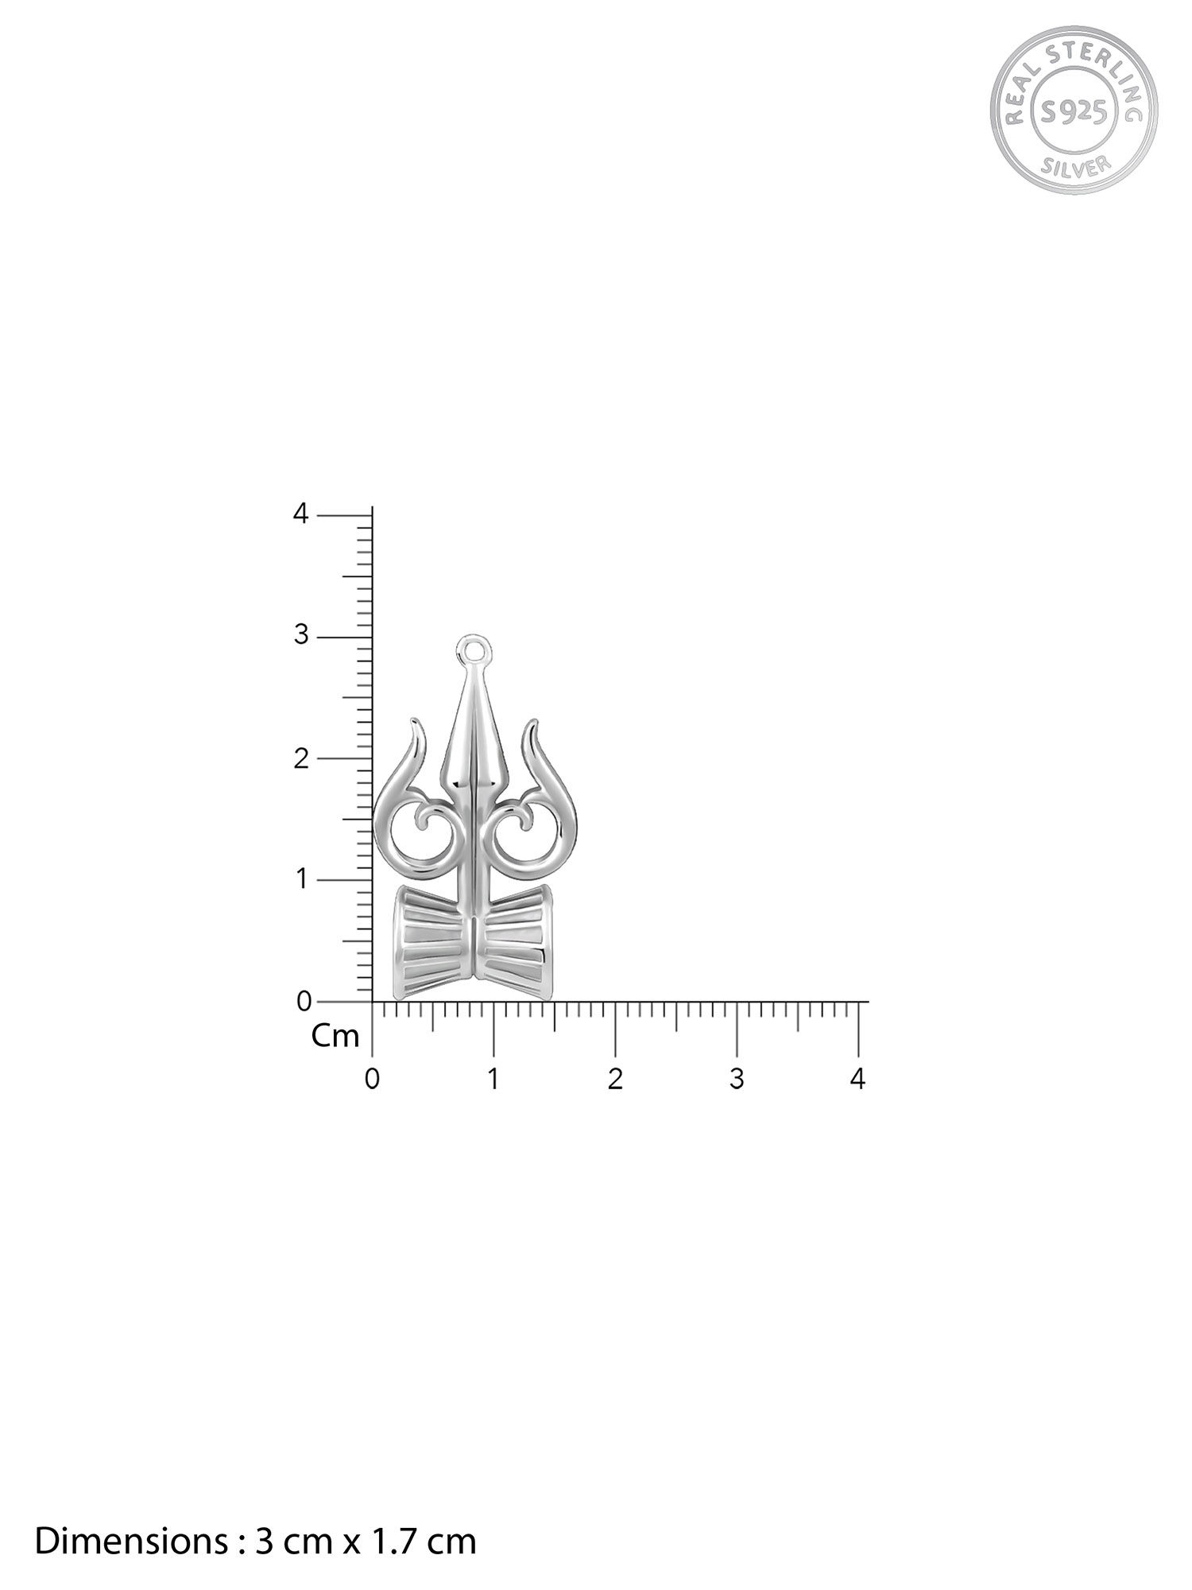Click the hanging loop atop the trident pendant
click(474, 649)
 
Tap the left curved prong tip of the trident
click(415, 725)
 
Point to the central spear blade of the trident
click(474, 739)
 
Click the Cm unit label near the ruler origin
click(335, 1037)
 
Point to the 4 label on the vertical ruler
click(300, 514)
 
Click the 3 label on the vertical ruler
click(300, 637)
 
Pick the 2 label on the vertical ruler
click(300, 758)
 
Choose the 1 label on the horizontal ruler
click(493, 1080)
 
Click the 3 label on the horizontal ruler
click(737, 1080)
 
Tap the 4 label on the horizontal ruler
click(857, 1080)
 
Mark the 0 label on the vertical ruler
click(303, 1002)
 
